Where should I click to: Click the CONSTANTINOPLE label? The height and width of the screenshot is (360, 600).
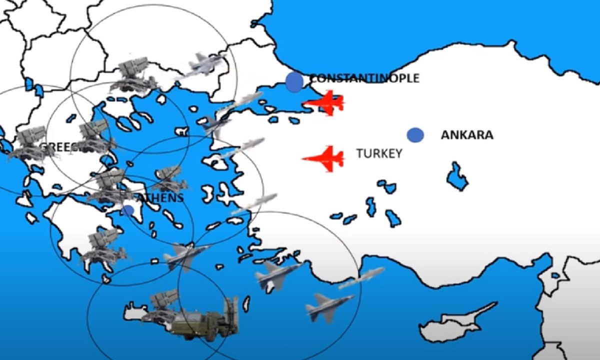364,78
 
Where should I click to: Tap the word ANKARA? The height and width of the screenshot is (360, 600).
466,135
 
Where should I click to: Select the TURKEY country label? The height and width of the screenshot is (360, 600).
379,153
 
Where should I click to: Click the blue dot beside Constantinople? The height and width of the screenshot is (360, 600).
294,82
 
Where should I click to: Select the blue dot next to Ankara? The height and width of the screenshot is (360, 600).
415,135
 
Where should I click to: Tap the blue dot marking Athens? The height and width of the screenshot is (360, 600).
128,210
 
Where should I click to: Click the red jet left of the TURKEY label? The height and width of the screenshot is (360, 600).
324,159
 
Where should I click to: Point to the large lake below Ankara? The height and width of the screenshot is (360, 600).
456,176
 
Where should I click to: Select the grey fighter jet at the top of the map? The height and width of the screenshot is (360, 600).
205,63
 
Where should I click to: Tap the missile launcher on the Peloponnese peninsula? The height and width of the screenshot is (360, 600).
102,245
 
